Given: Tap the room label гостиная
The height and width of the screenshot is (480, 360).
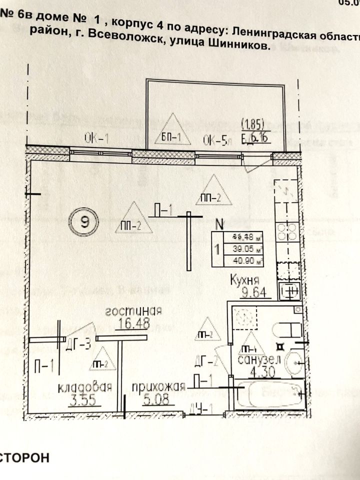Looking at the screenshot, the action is click(x=133, y=311).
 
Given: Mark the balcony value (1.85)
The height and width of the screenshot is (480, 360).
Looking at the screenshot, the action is click(x=255, y=121).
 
